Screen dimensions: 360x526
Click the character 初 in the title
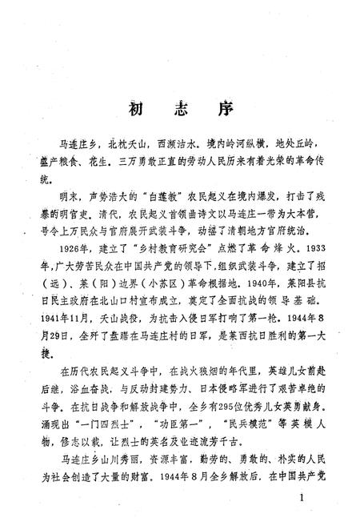coord(137,109)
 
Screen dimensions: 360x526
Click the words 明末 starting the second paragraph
coord(60,196)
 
